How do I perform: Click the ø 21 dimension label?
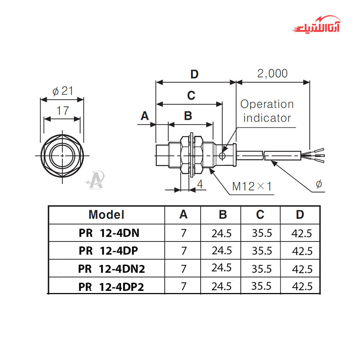click(62, 91)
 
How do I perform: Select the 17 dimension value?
click(62, 111)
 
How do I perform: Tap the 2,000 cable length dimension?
click(273, 73)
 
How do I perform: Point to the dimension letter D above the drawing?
click(194, 75)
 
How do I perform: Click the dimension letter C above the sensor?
click(191, 96)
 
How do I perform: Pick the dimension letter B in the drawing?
click(188, 116)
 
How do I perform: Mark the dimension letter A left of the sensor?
click(145, 116)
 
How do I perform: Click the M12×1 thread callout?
click(252, 186)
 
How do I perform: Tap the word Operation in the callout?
click(267, 105)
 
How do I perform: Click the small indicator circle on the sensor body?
click(222, 156)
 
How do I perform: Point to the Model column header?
click(106, 215)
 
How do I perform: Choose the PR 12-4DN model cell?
click(109, 233)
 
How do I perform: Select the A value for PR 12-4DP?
click(184, 251)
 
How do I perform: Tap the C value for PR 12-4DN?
click(262, 233)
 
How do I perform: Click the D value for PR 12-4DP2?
click(301, 287)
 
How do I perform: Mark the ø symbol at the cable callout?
click(319, 185)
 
